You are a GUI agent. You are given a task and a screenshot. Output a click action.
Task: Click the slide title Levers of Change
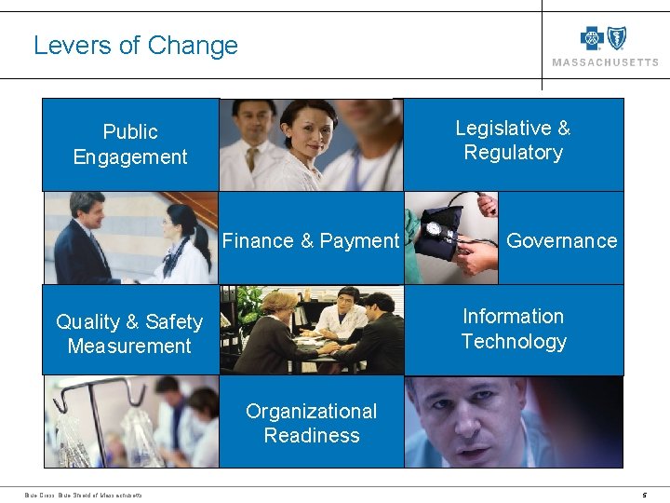(x=136, y=46)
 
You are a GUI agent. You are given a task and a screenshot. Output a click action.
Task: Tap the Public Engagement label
(x=130, y=144)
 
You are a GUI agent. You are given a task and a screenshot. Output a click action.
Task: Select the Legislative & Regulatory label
(x=513, y=141)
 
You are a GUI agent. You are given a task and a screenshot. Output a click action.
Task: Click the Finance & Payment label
(x=311, y=241)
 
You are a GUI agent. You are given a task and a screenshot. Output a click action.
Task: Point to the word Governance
(x=561, y=241)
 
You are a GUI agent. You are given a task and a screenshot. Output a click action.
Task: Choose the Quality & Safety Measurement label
(x=129, y=333)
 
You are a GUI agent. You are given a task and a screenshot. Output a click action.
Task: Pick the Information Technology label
(x=514, y=329)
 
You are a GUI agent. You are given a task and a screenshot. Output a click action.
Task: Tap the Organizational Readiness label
(x=312, y=423)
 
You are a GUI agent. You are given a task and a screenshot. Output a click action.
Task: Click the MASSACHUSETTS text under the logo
(x=605, y=62)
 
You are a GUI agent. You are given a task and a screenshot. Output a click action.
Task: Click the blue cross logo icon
(x=592, y=38)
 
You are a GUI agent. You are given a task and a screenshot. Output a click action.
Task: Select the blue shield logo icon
(x=616, y=38)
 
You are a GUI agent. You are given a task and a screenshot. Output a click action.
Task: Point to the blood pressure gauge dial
(x=434, y=229)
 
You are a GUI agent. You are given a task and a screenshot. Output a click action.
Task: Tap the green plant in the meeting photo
(x=249, y=303)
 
